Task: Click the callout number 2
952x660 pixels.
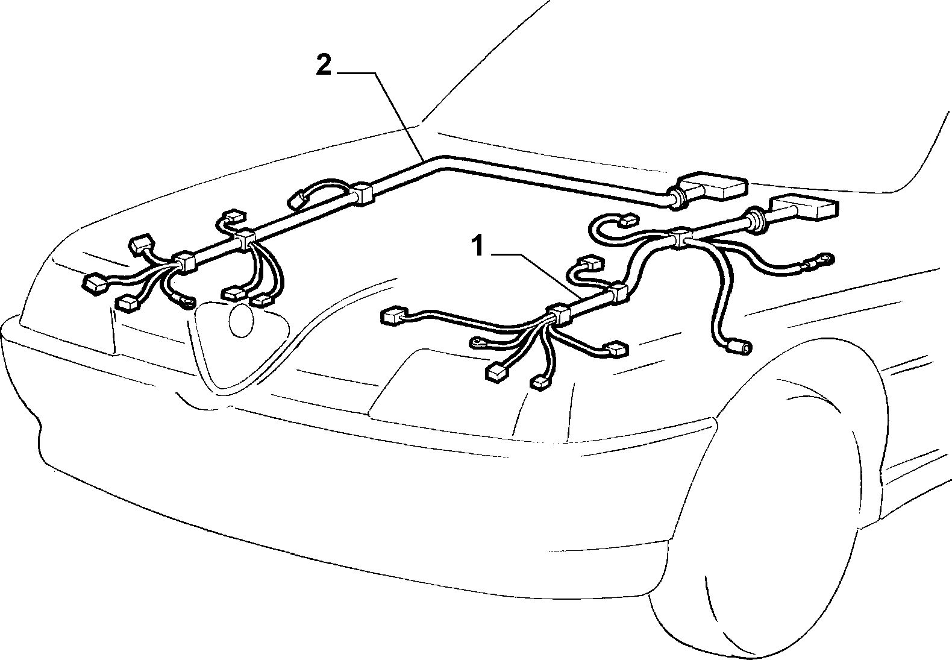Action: (324, 66)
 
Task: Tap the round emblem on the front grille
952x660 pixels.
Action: (241, 321)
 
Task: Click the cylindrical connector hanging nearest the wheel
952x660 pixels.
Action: (740, 346)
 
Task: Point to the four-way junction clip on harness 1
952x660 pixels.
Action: (679, 237)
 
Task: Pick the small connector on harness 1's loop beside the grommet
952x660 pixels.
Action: (628, 221)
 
